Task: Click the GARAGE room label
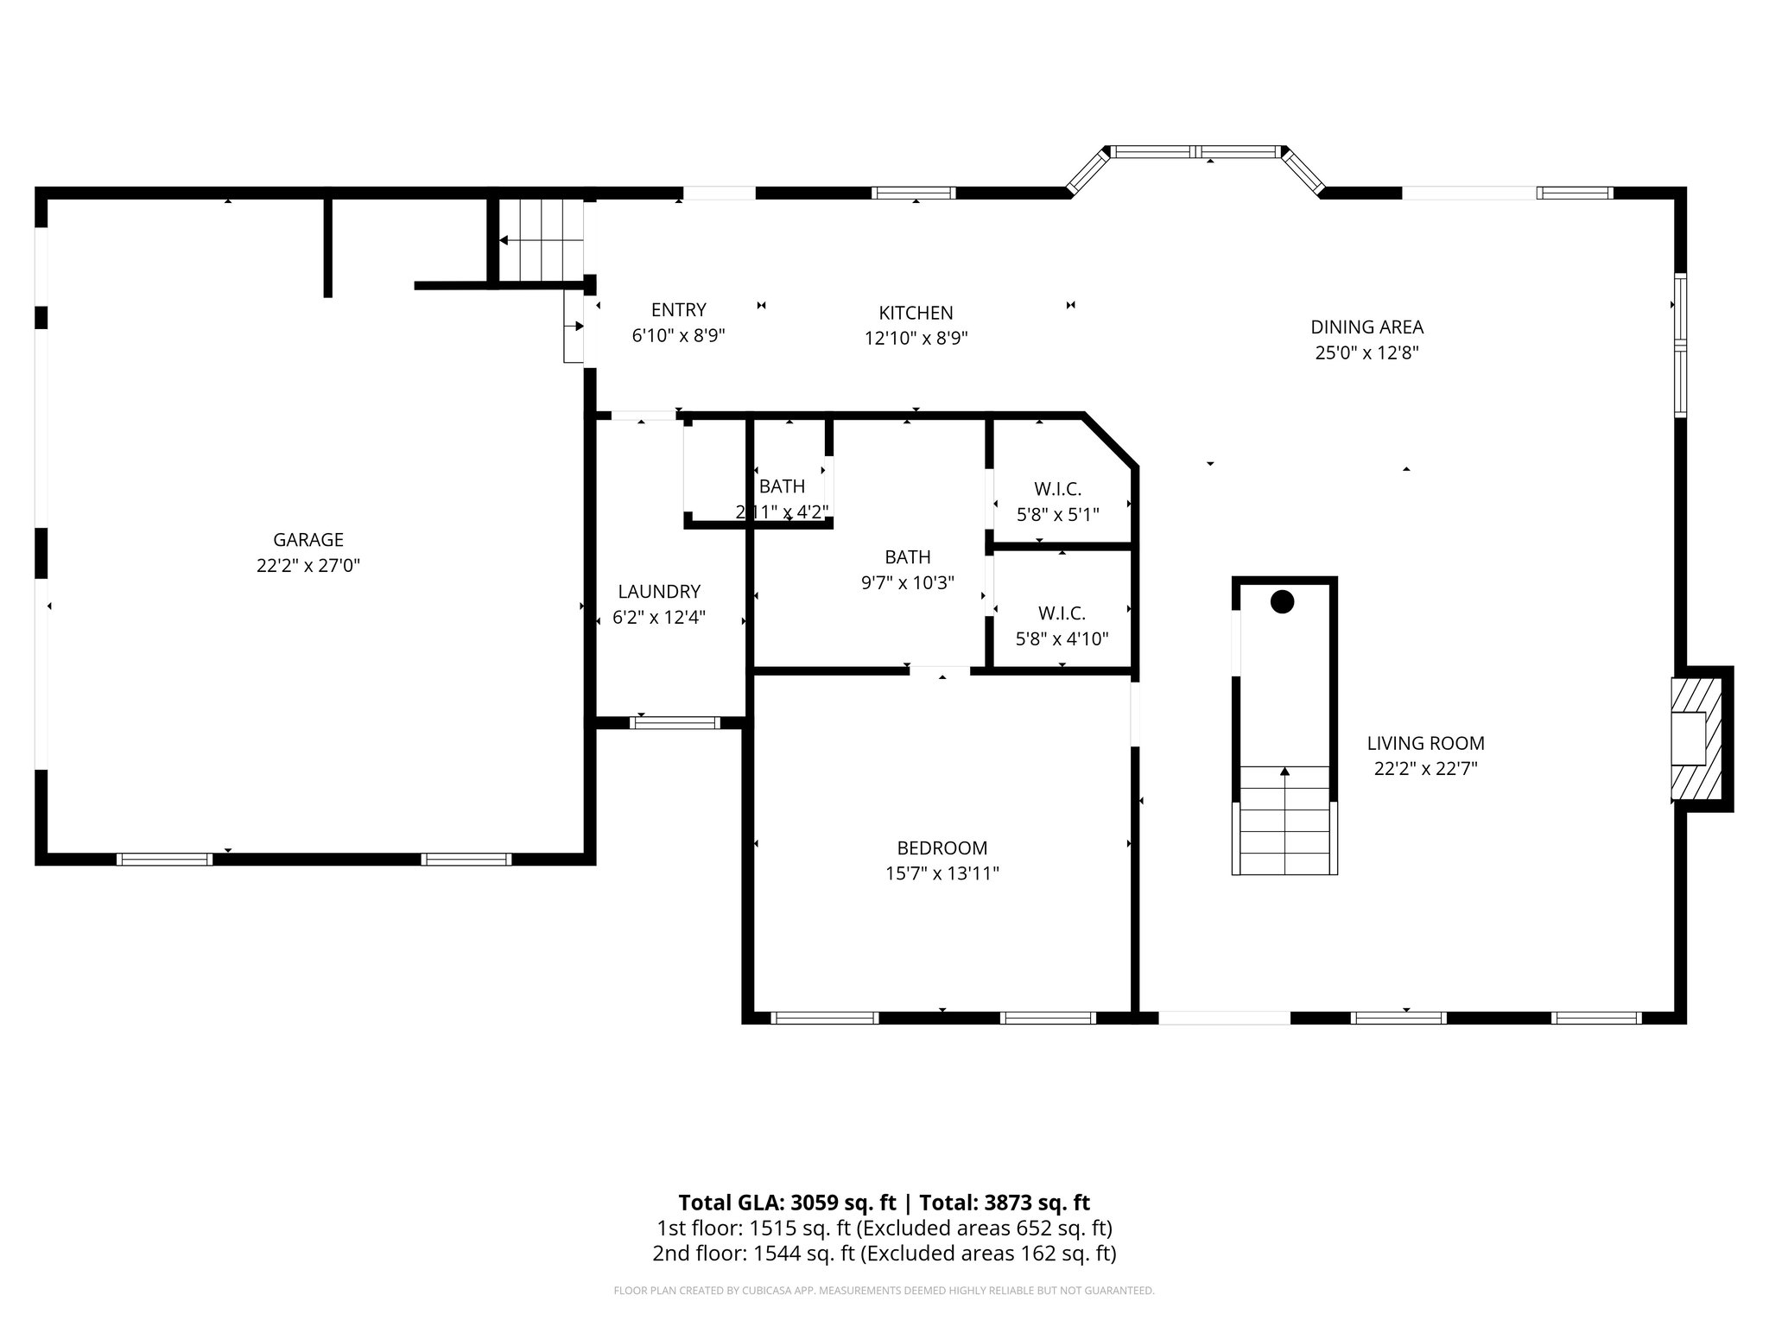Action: point(308,540)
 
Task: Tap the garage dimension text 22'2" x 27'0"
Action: point(308,566)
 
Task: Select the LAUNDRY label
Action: point(659,592)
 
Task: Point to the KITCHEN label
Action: point(916,313)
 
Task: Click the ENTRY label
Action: point(678,309)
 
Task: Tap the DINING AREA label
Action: point(1366,327)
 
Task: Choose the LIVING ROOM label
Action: point(1425,743)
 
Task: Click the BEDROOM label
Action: point(942,848)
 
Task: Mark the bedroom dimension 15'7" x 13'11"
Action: point(942,873)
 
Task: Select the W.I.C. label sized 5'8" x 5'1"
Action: point(1057,489)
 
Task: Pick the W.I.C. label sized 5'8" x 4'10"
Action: point(1062,613)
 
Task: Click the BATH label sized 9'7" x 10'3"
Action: point(907,557)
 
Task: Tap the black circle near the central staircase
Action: point(1283,602)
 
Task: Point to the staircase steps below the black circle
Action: point(1284,821)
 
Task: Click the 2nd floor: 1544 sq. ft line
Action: point(884,1254)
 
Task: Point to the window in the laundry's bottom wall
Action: point(675,723)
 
